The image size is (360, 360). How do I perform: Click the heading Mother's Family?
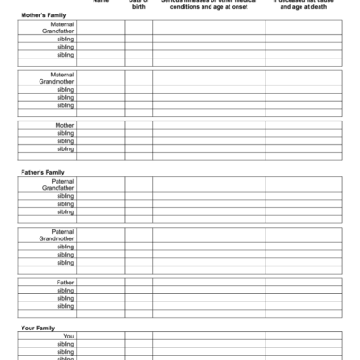[42, 15]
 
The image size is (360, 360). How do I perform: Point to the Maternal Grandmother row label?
[58, 78]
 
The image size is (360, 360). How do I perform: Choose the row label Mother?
[65, 125]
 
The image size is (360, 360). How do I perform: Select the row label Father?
[65, 282]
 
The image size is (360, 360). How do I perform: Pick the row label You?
[68, 336]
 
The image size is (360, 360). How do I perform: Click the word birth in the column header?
[139, 5]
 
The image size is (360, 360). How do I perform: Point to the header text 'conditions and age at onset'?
[208, 5]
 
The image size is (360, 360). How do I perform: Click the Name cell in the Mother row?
[101, 125]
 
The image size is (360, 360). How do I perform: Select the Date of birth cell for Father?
[139, 282]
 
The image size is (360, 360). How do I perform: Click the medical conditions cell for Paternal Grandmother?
[208, 235]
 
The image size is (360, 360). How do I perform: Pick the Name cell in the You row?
[101, 336]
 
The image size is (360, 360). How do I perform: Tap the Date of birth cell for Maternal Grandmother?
[139, 78]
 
